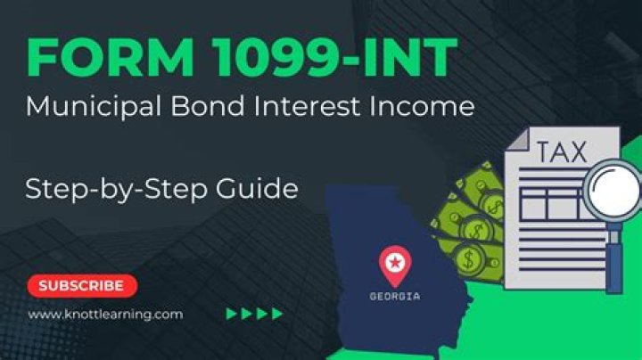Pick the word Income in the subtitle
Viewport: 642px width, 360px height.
pos(418,107)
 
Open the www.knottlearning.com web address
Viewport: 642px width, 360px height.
pos(105,314)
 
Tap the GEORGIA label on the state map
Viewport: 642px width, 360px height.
pos(394,295)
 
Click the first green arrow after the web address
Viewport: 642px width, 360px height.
pos(232,314)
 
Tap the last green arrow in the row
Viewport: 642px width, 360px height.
pos(277,314)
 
